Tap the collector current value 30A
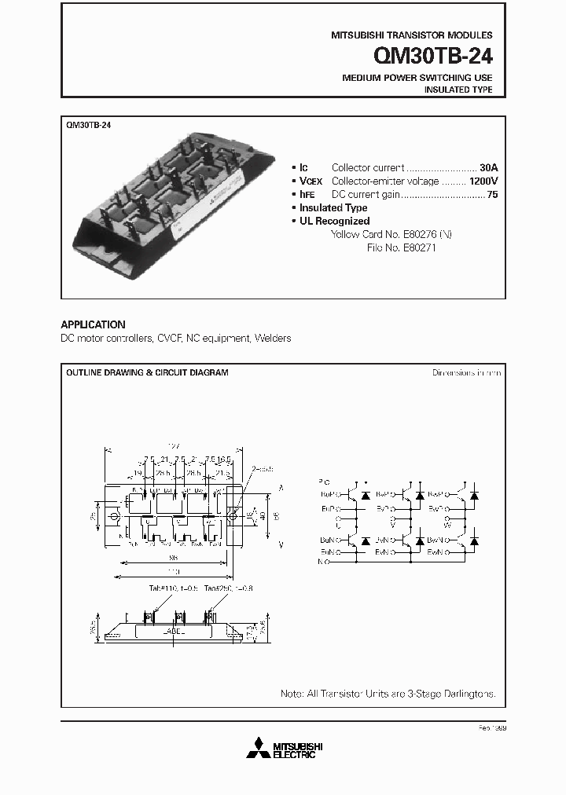click(489, 167)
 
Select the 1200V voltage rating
click(483, 181)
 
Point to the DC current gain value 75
click(492, 194)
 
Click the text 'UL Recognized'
click(334, 221)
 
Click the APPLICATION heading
click(93, 324)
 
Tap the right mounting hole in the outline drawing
click(233, 515)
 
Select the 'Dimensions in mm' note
click(466, 372)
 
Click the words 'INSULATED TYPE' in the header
click(458, 90)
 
